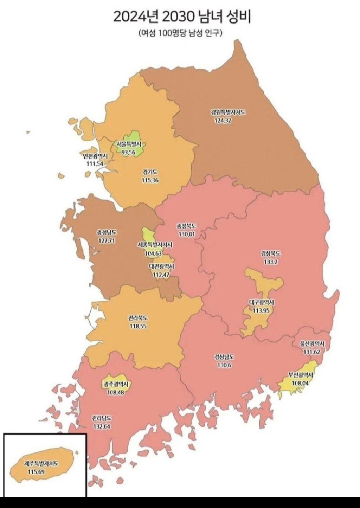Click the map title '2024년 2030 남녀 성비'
pos(182,17)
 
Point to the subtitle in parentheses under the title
pos(180,33)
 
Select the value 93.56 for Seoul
pos(129,152)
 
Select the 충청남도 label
pos(107,233)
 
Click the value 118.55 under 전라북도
pos(137,326)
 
